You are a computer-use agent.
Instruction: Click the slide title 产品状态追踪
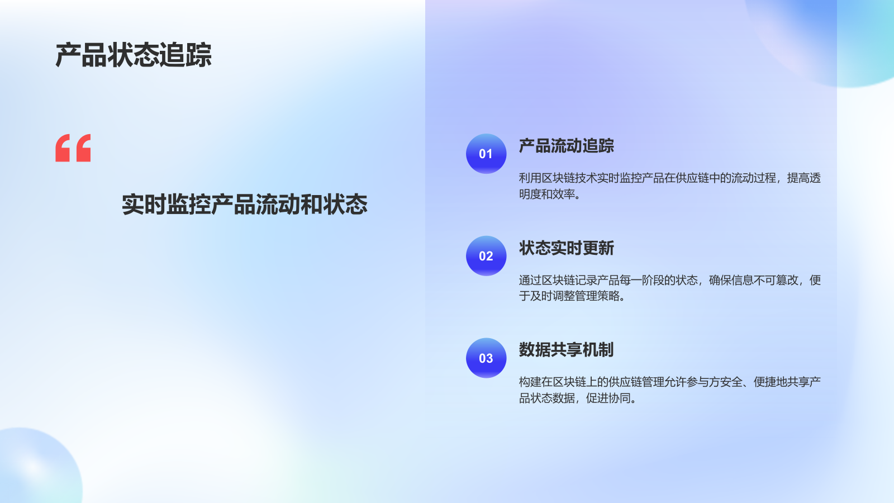pos(134,55)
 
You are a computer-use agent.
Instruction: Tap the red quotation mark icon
pos(73,148)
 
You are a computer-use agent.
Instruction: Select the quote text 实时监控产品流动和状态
pos(245,205)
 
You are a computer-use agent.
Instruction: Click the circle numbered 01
pos(486,154)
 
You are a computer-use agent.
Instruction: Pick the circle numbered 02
pos(486,256)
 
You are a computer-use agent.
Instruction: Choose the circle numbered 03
pos(486,358)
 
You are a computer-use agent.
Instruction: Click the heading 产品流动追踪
pos(566,146)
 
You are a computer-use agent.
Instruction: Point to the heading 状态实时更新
pos(566,248)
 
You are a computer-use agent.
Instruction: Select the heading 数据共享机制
pos(566,350)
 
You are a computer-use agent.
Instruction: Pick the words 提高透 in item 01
pos(803,178)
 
